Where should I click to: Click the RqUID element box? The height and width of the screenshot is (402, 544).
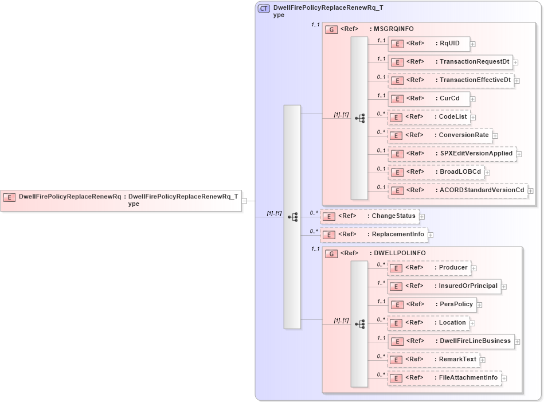click(428, 44)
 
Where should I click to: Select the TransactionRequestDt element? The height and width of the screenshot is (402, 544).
click(450, 62)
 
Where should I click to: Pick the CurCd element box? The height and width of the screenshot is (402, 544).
click(428, 99)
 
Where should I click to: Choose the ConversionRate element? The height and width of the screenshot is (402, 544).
click(440, 135)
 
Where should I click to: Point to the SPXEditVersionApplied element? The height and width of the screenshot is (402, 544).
click(451, 154)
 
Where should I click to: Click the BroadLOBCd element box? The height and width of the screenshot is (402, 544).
click(436, 172)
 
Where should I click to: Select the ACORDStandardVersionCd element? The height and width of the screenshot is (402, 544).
click(457, 190)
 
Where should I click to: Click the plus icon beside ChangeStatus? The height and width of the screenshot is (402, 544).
click(422, 217)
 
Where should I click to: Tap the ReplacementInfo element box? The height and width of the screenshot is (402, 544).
click(374, 235)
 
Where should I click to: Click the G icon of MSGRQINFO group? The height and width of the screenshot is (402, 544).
click(331, 29)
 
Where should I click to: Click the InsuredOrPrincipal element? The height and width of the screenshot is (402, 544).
click(444, 286)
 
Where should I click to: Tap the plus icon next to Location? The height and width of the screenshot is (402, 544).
click(472, 323)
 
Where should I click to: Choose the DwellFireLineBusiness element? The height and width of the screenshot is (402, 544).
click(451, 341)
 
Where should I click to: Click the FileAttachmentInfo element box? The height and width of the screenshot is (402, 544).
click(444, 378)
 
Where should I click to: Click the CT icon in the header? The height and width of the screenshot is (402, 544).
click(264, 9)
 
